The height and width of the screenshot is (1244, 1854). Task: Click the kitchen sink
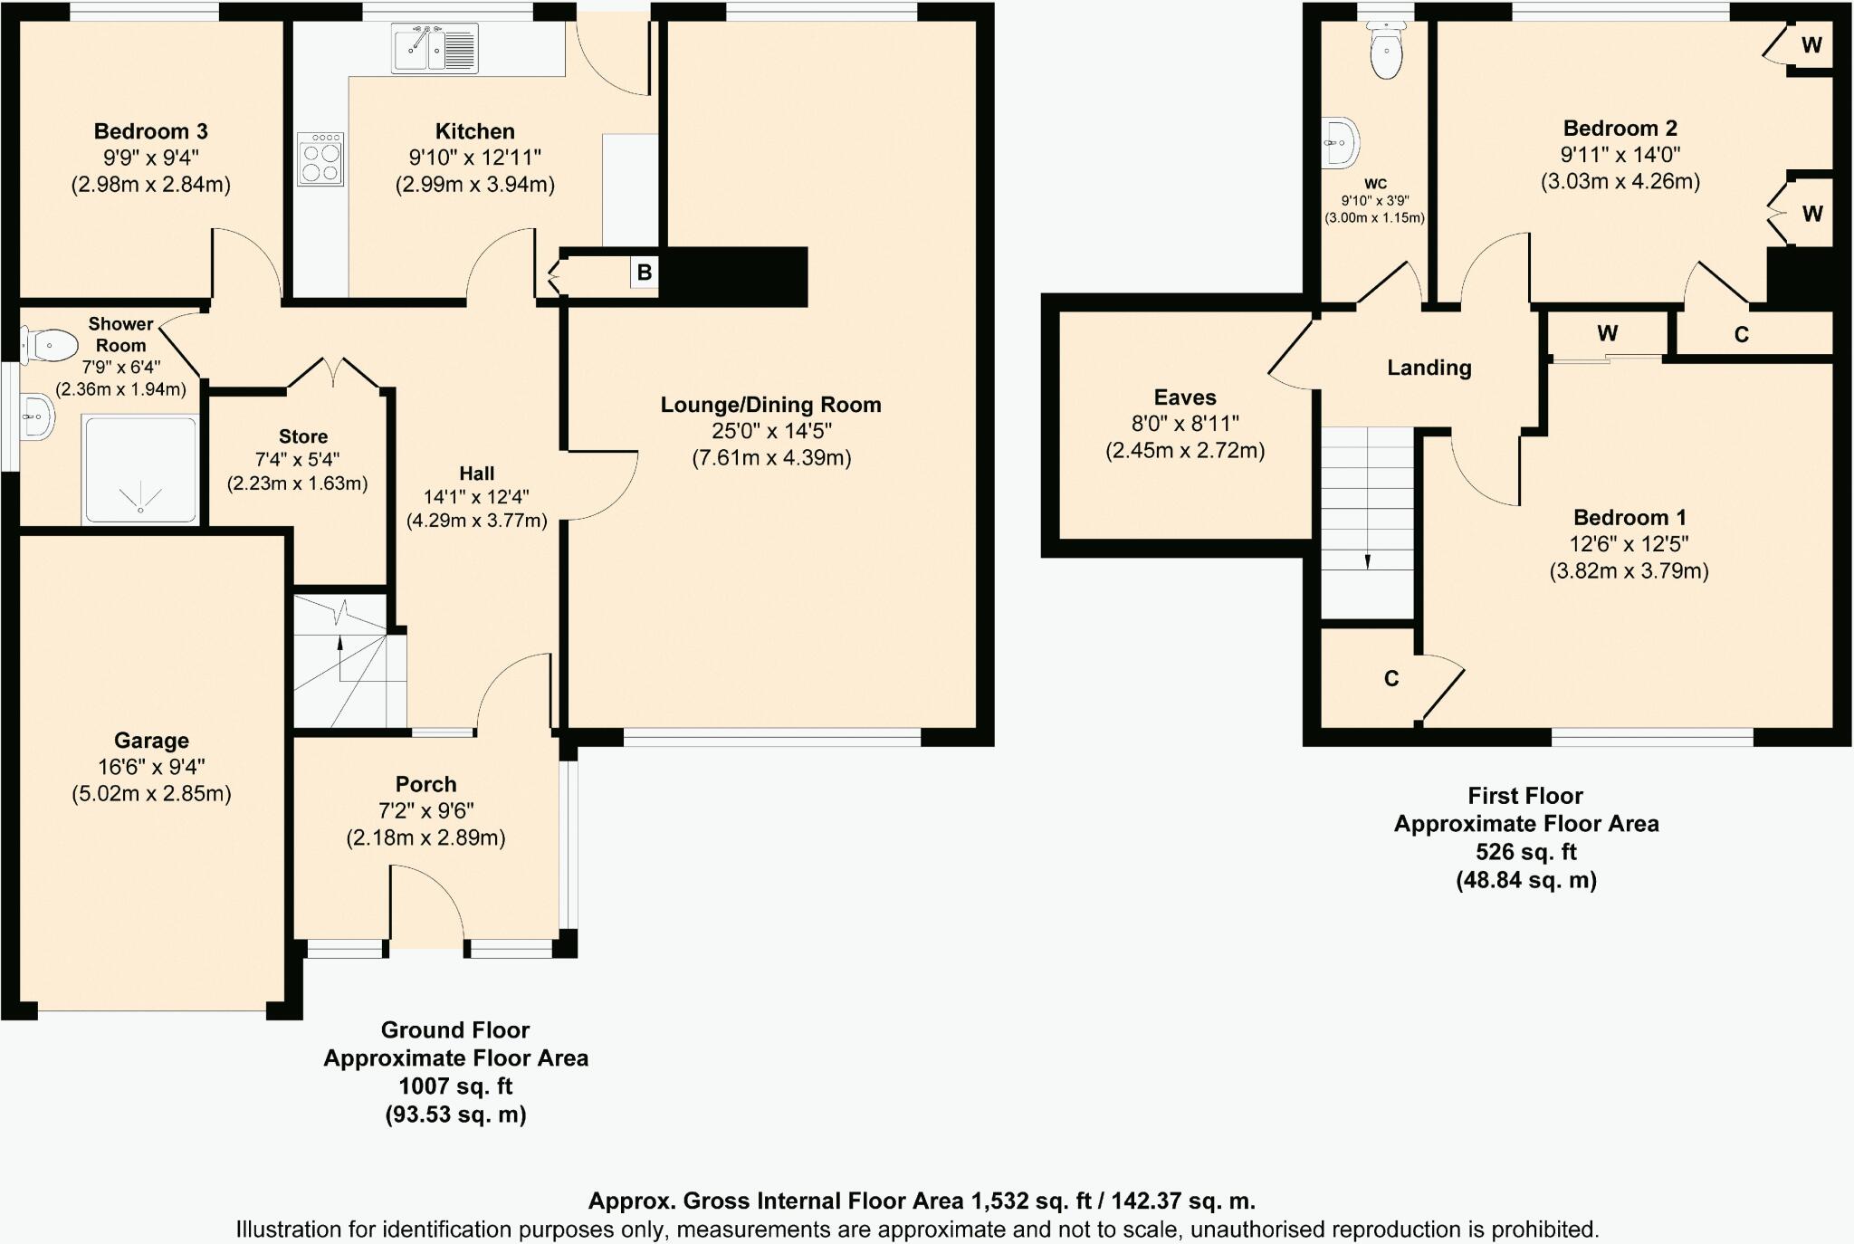435,48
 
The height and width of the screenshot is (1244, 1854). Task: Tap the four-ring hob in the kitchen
320,159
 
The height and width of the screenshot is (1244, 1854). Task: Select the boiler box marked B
644,273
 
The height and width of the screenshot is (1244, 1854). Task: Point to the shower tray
140,469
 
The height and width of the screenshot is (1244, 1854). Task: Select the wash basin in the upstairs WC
1341,143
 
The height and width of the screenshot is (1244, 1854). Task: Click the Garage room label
151,741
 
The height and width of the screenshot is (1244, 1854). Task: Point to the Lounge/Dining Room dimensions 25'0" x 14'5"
771,431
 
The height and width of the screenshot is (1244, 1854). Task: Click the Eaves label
1184,397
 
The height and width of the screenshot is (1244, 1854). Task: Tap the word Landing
1429,368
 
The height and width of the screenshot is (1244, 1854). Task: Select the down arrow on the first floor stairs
1367,561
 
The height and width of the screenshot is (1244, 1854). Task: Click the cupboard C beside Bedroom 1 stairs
1391,678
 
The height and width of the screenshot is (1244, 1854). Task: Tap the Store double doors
332,373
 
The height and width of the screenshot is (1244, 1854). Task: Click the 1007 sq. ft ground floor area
455,1086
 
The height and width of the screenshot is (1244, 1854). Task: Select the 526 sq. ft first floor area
1525,852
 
